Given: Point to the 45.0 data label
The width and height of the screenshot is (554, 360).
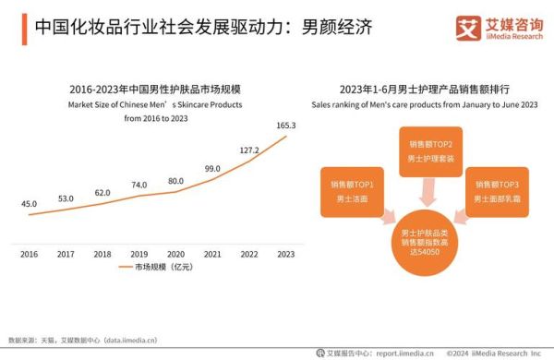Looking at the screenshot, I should (x=30, y=204).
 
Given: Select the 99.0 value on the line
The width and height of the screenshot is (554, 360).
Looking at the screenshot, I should (x=212, y=169).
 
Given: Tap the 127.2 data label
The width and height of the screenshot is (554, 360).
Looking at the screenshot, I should (x=248, y=150).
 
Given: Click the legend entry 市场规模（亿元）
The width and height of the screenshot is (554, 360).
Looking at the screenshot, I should (x=158, y=267).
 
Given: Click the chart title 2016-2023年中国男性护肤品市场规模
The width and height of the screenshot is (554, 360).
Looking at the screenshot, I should (x=155, y=90).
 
